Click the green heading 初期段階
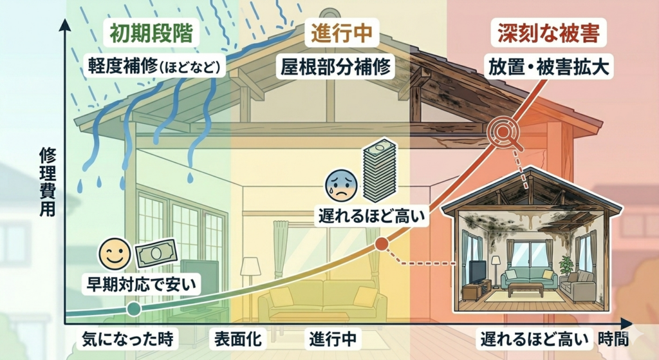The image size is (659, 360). pyautogui.click(x=151, y=33)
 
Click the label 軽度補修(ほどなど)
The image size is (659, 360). pyautogui.click(x=155, y=66)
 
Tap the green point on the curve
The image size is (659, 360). pyautogui.click(x=134, y=309)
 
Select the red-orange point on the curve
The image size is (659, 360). pyautogui.click(x=381, y=244)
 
